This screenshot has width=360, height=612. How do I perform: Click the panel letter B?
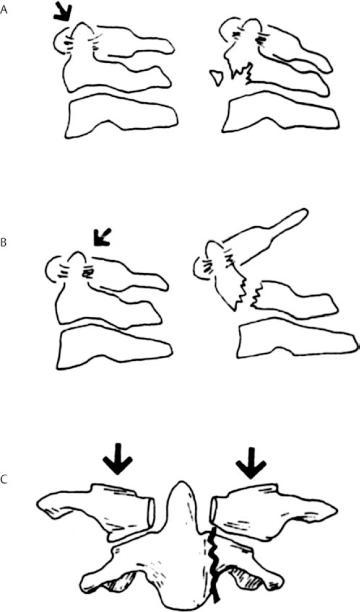(3, 243)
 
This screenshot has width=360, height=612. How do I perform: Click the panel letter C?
(4, 479)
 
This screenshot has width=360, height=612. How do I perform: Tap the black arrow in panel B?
(101, 238)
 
